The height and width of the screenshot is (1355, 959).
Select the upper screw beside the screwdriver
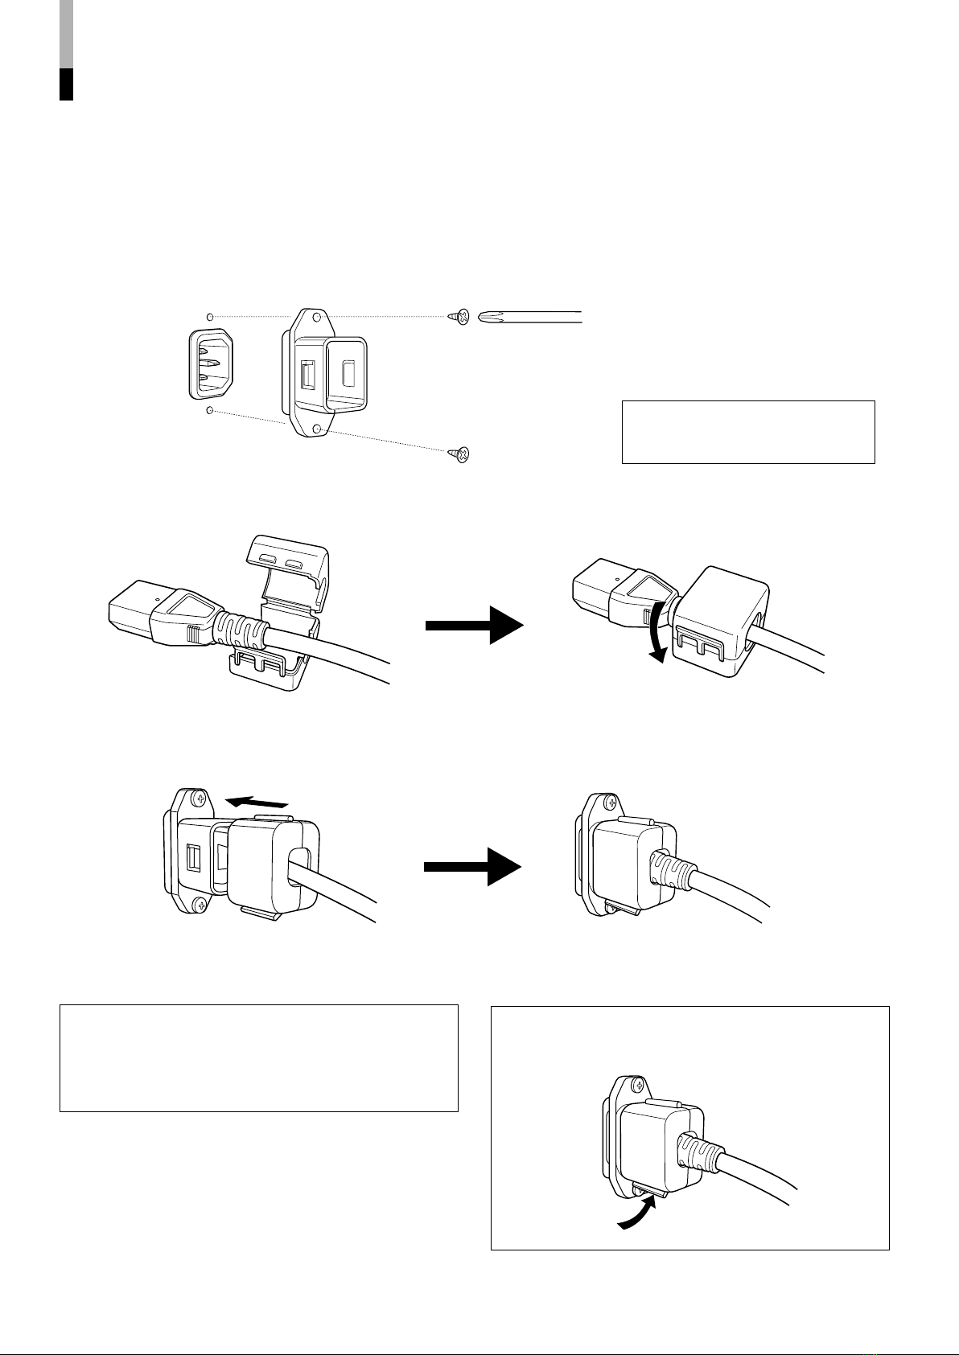coord(460,317)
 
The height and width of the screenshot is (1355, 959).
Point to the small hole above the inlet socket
coord(210,316)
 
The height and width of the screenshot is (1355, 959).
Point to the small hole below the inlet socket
coord(210,411)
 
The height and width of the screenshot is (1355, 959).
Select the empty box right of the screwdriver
coord(747,432)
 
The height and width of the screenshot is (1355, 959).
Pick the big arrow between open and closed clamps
coord(474,626)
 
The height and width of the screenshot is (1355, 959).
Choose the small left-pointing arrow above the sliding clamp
coord(256,802)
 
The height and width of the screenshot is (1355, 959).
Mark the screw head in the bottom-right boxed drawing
coord(638,1086)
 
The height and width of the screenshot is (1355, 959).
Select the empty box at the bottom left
coord(258,1057)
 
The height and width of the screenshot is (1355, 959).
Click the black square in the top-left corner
coord(67,84)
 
